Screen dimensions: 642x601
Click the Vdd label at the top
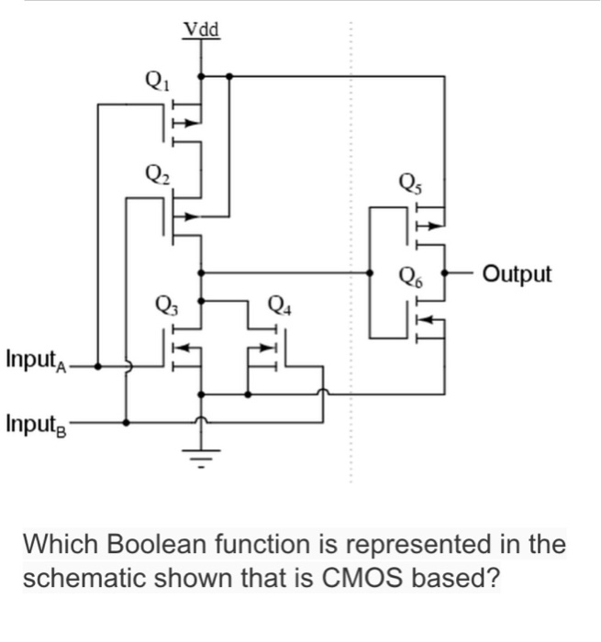tap(201, 30)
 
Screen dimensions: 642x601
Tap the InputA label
tap(35, 356)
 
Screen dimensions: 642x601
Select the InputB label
tap(35, 423)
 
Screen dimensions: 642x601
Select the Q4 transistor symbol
tap(266, 349)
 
